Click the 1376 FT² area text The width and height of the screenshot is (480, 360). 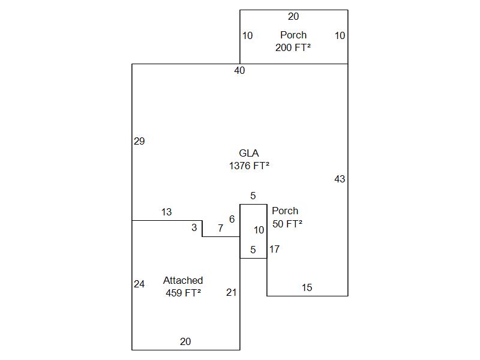[x=248, y=166]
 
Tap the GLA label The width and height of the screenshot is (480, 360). [x=248, y=154]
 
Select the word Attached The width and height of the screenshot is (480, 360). [x=183, y=280]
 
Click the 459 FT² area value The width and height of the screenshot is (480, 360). [x=183, y=293]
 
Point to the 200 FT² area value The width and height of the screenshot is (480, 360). [x=293, y=47]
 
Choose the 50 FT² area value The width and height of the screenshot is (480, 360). [x=287, y=224]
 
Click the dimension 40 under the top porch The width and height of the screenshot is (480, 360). [x=239, y=71]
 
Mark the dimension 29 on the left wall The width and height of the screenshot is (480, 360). [x=139, y=142]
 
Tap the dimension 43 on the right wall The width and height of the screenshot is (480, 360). [x=340, y=179]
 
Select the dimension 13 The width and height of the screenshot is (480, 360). [x=166, y=212]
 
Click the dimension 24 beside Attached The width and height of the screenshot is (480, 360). [x=139, y=284]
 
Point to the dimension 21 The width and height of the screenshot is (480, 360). [x=231, y=293]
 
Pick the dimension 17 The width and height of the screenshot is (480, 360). [x=274, y=249]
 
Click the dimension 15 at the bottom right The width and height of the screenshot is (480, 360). [x=307, y=288]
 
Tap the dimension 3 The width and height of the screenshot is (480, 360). [x=194, y=228]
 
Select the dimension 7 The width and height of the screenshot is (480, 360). [x=220, y=228]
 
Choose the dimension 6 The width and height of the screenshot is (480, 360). [x=232, y=220]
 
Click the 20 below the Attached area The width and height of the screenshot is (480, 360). [x=185, y=342]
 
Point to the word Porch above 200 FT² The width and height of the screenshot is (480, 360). [x=293, y=35]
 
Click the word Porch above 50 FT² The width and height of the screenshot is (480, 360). [x=284, y=211]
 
